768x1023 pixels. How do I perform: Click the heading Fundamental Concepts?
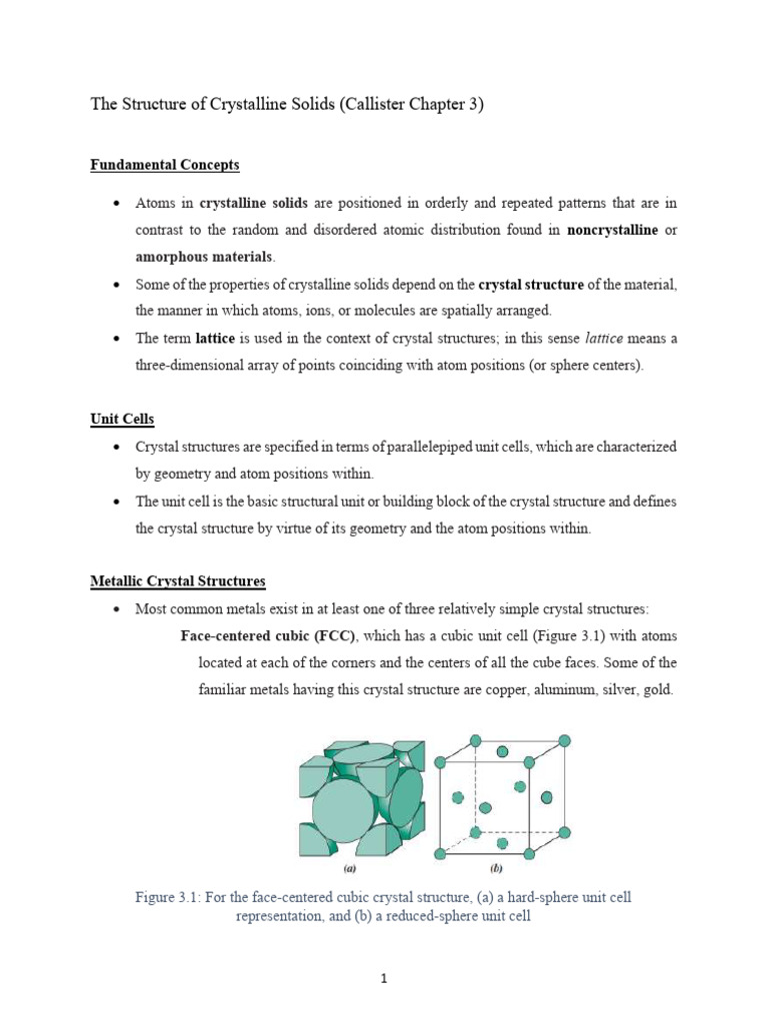(165, 165)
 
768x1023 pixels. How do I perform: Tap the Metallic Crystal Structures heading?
(178, 580)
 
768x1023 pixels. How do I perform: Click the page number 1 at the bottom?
(384, 979)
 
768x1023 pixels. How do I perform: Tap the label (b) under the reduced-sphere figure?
(495, 869)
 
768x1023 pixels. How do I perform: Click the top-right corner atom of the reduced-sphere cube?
(564, 740)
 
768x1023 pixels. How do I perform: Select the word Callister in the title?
(373, 105)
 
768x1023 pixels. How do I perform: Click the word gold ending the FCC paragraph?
(657, 690)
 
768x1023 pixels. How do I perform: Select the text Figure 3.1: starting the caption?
(171, 897)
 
